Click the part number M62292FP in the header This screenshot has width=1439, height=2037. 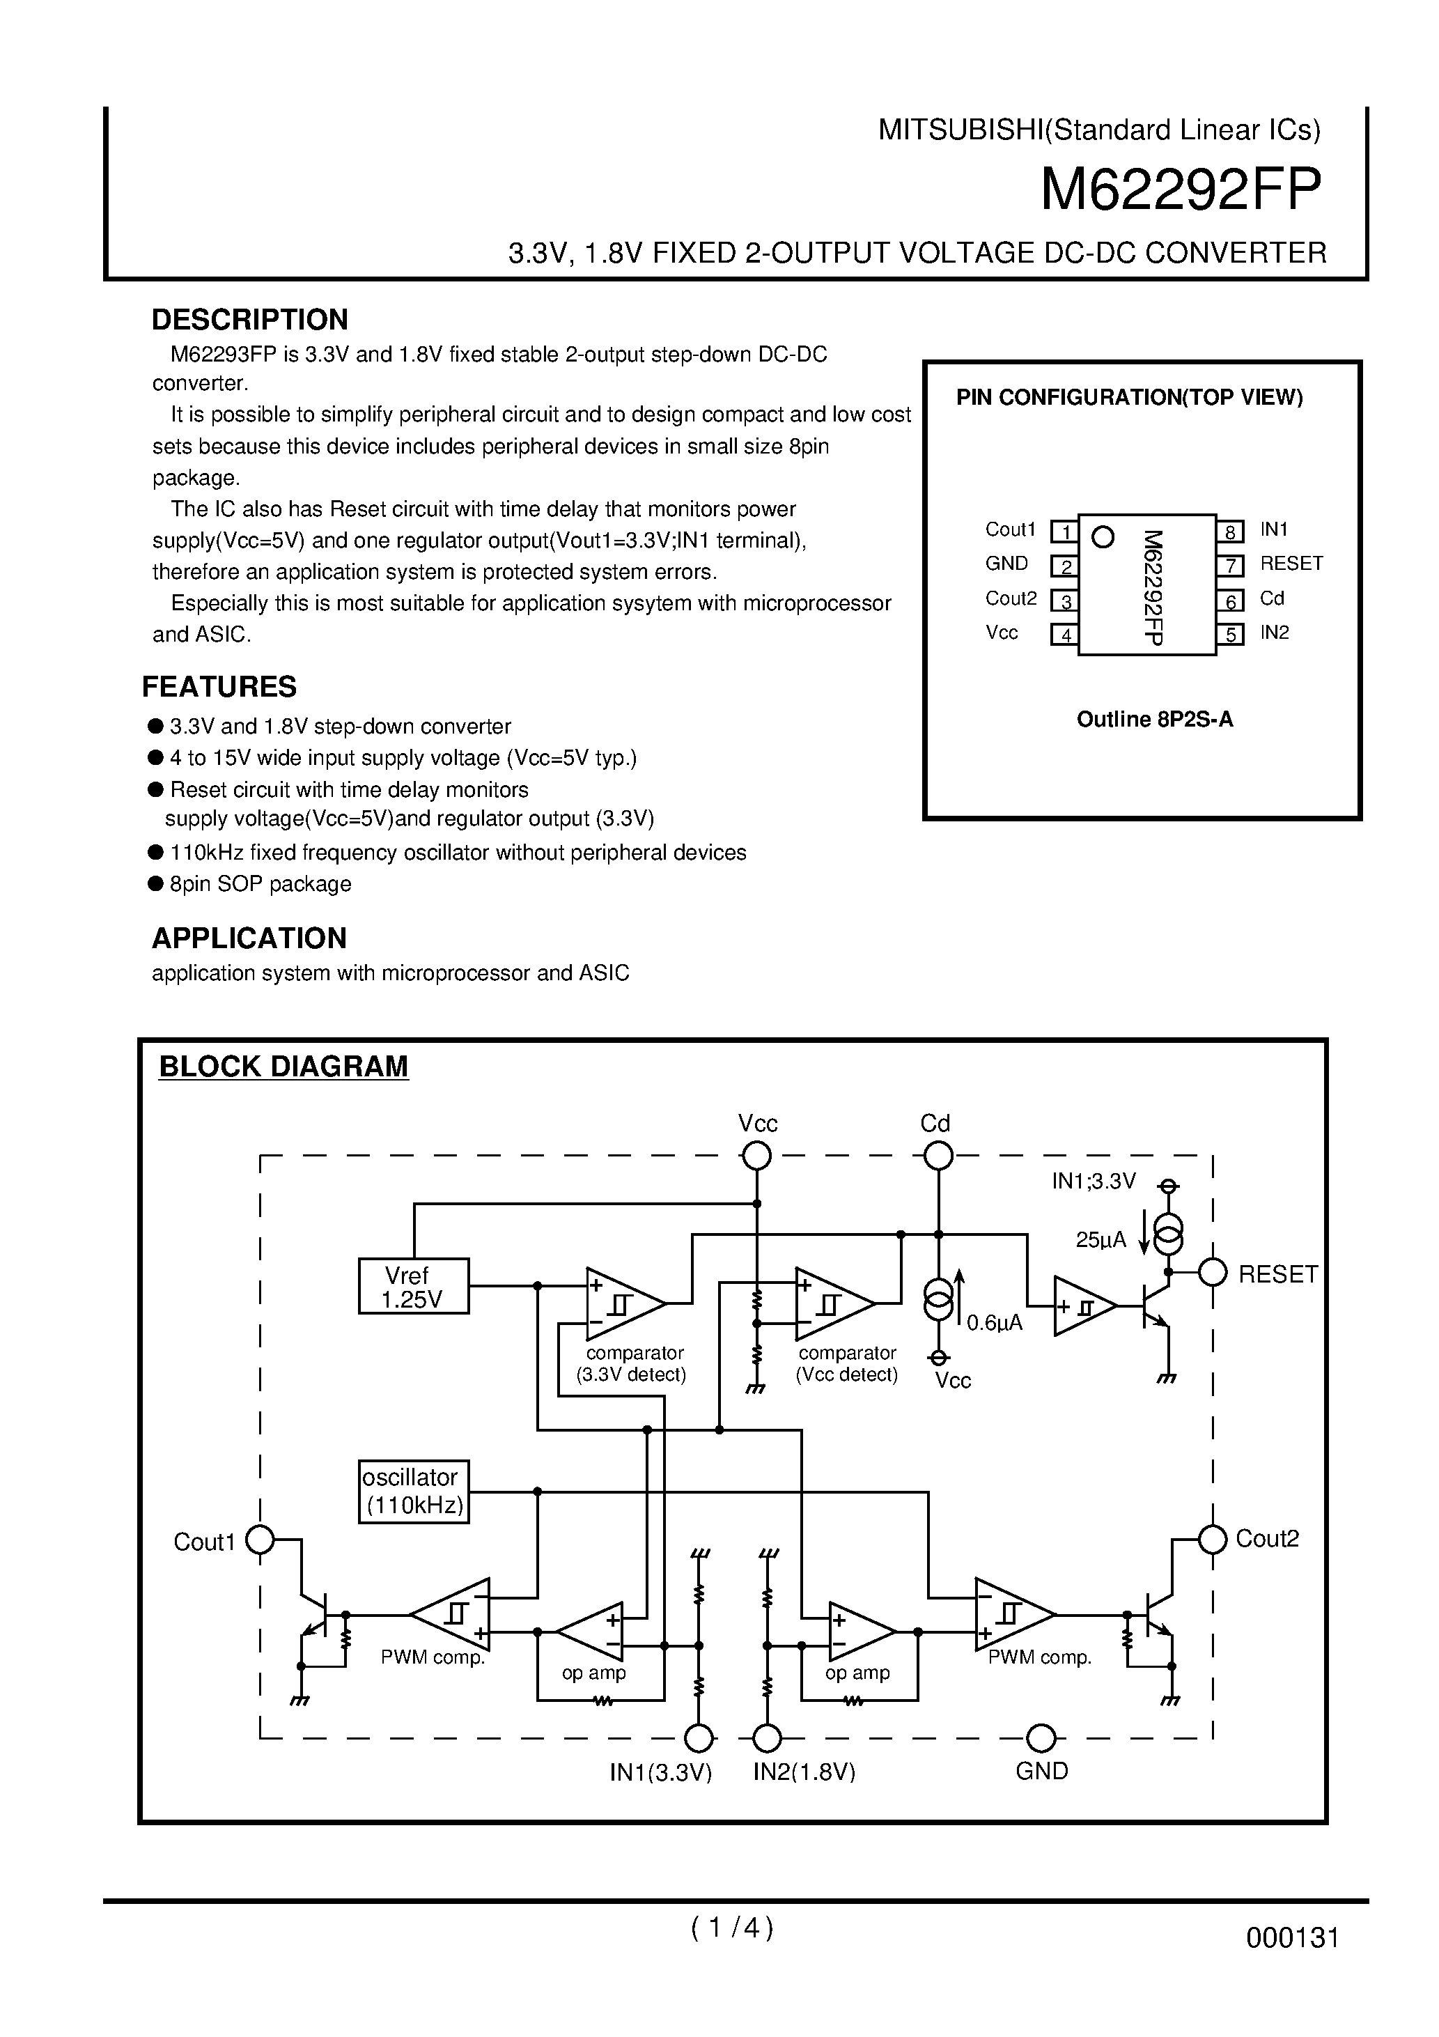pyautogui.click(x=1180, y=189)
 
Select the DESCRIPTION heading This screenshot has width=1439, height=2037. pyautogui.click(x=249, y=319)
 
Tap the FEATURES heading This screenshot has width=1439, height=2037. pyautogui.click(x=219, y=687)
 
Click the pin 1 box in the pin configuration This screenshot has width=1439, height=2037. pyautogui.click(x=1064, y=532)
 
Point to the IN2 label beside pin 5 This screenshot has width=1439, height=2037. pyautogui.click(x=1274, y=633)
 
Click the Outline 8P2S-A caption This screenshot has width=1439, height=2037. pyautogui.click(x=1154, y=720)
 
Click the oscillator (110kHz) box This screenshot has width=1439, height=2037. pyautogui.click(x=414, y=1492)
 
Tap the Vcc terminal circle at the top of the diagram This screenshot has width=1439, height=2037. pyautogui.click(x=756, y=1156)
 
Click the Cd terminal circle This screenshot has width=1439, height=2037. pyautogui.click(x=938, y=1156)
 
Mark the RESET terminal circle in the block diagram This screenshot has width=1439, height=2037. pyautogui.click(x=1212, y=1273)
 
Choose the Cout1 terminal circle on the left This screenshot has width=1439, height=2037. pyautogui.click(x=260, y=1540)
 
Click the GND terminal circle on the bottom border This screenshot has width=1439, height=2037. pyautogui.click(x=1041, y=1739)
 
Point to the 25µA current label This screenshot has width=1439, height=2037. pyautogui.click(x=1100, y=1240)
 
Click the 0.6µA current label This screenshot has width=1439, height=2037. pyautogui.click(x=995, y=1324)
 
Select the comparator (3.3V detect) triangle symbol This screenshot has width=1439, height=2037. pyautogui.click(x=622, y=1304)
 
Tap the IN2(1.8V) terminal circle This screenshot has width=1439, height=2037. pyautogui.click(x=767, y=1739)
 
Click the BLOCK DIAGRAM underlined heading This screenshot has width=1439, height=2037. pyautogui.click(x=283, y=1067)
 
